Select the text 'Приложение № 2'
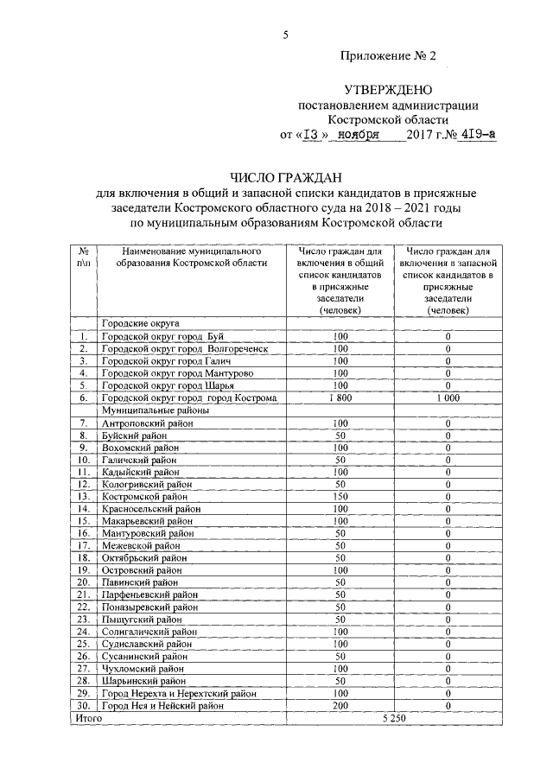pos(388,55)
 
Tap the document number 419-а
pos(478,135)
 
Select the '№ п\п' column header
pos(83,257)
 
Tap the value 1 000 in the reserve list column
pos(448,398)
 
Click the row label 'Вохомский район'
pos(140,448)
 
